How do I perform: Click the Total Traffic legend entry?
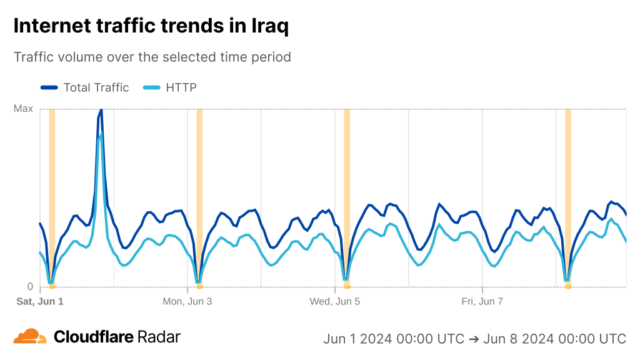[96, 87]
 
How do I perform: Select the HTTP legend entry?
[181, 87]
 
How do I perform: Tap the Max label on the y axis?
[23, 109]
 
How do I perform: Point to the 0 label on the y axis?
[29, 287]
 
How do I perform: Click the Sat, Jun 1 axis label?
[40, 301]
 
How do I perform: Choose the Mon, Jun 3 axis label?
[187, 301]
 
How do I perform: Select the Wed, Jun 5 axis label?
[335, 301]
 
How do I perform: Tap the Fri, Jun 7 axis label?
[482, 301]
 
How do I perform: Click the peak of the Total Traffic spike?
[101, 110]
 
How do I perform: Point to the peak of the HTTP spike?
[101, 134]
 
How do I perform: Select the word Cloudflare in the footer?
[94, 337]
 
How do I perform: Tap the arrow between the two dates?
[474, 339]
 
